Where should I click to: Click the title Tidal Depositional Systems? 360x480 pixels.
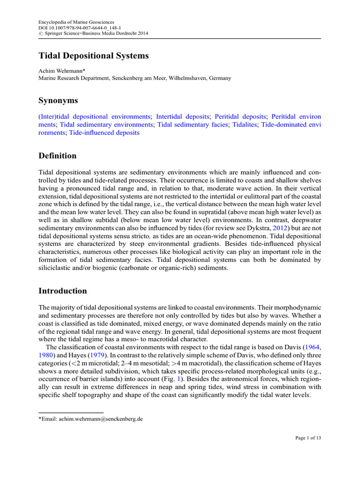(x=93, y=56)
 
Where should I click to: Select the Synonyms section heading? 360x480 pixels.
(x=58, y=101)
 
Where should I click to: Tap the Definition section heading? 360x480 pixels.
(x=57, y=156)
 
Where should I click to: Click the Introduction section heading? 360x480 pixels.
(x=62, y=291)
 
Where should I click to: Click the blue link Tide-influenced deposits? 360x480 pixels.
(x=104, y=133)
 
